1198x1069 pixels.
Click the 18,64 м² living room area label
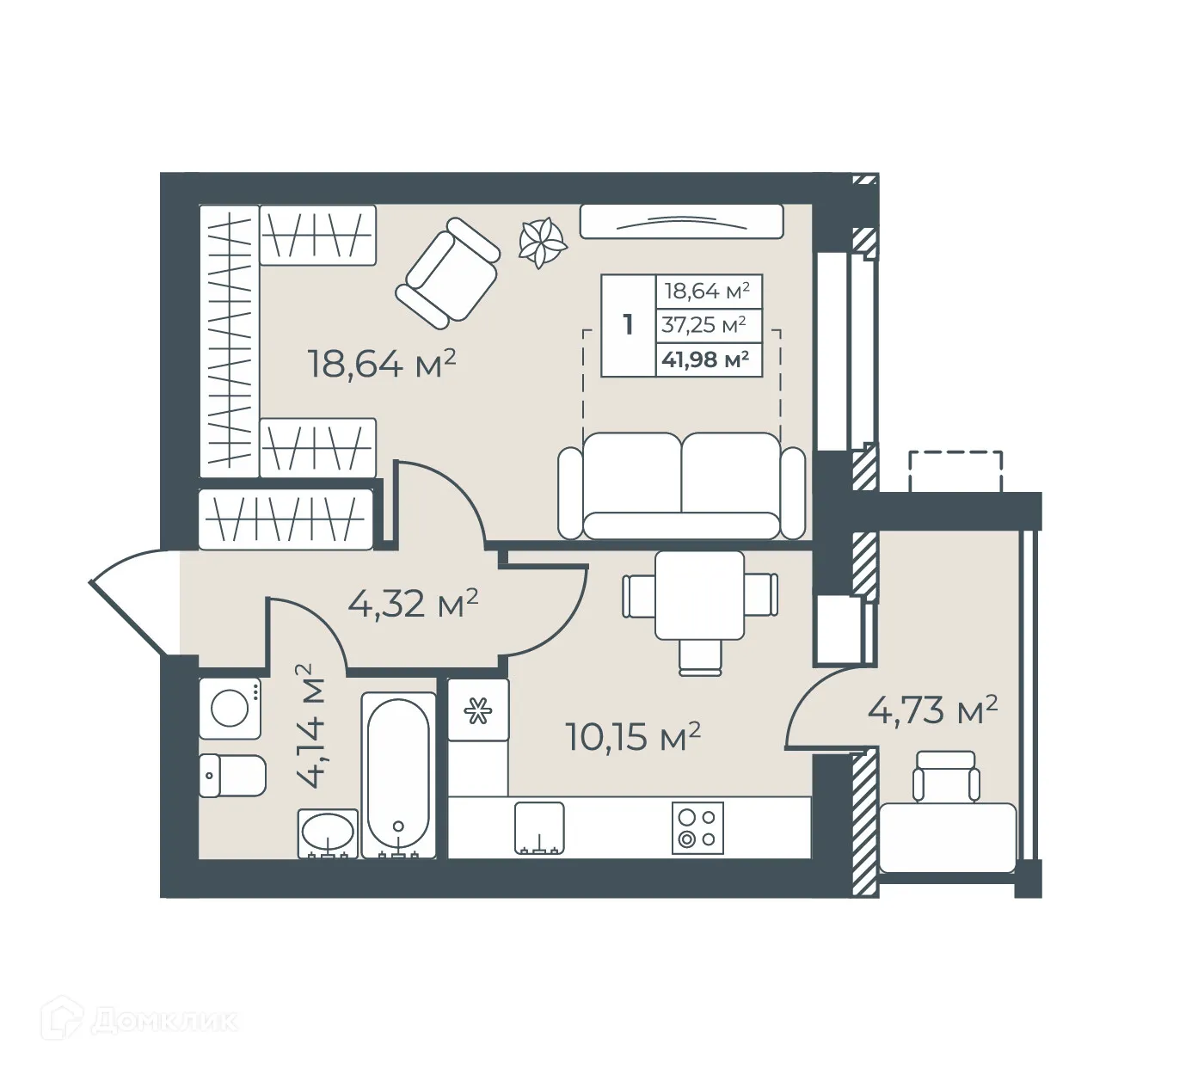381,363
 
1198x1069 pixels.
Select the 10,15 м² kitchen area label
633,736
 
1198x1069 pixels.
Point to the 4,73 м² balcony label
933,710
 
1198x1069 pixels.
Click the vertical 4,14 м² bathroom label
310,725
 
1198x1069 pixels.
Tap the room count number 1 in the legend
629,325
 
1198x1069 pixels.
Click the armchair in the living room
447,272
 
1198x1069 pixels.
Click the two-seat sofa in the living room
681,486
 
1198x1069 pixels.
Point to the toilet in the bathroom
233,775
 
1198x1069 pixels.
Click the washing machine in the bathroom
230,709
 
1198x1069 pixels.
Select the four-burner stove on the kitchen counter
697,828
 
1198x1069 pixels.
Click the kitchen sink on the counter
540,828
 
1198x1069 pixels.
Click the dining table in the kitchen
699,596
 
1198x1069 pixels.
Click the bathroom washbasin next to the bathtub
328,833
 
